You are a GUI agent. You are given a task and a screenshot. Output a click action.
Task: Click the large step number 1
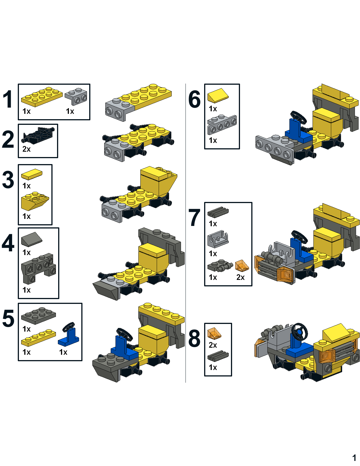click(8, 99)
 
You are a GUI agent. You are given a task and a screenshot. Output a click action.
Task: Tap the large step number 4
click(8, 243)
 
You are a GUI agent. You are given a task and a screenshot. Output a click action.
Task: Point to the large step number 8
click(194, 339)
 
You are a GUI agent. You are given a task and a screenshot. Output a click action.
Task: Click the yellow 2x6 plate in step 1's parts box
click(42, 97)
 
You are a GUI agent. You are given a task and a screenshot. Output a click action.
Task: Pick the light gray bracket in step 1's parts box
click(76, 97)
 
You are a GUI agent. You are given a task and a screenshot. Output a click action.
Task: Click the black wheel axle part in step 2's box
click(38, 135)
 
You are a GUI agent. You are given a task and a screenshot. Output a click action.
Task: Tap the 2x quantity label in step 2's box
click(27, 149)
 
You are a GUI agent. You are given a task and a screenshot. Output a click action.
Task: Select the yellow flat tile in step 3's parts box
click(32, 174)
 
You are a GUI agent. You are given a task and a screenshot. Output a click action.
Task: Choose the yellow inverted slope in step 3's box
click(35, 201)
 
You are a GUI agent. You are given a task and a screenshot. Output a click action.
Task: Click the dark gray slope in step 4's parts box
click(32, 239)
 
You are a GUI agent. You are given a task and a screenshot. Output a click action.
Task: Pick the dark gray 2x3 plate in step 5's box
click(38, 316)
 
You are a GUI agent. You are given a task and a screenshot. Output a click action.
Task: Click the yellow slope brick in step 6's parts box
click(218, 96)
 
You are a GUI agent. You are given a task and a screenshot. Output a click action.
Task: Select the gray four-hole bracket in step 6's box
click(222, 125)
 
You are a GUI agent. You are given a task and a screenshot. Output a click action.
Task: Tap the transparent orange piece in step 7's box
click(242, 266)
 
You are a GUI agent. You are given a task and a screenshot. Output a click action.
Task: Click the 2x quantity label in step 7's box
click(241, 277)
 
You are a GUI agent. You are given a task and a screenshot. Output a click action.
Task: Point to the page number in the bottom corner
click(354, 458)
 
